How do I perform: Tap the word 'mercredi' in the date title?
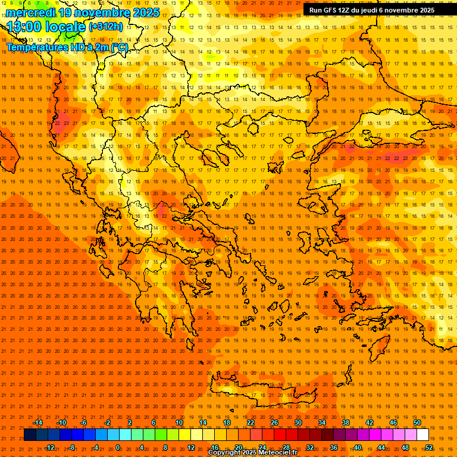pyautogui.click(x=30, y=12)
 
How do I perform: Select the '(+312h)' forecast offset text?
pyautogui.click(x=106, y=26)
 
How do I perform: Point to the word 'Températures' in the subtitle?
pyautogui.click(x=34, y=47)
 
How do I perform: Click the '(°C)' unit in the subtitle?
pyautogui.click(x=119, y=47)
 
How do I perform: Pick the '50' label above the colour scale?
pyautogui.click(x=417, y=422)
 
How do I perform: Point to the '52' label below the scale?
pyautogui.click(x=429, y=447)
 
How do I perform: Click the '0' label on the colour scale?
pyautogui.click(x=118, y=447)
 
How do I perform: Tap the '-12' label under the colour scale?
pyautogui.click(x=49, y=447)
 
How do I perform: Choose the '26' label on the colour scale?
pyautogui.click(x=274, y=422)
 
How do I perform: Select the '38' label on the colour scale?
pyautogui.click(x=346, y=422)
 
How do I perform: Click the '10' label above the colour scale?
pyautogui.click(x=179, y=422)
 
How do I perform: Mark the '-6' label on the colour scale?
pyautogui.click(x=83, y=422)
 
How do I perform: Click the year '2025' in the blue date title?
pyautogui.click(x=145, y=12)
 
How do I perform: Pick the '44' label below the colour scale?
pyautogui.click(x=381, y=447)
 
